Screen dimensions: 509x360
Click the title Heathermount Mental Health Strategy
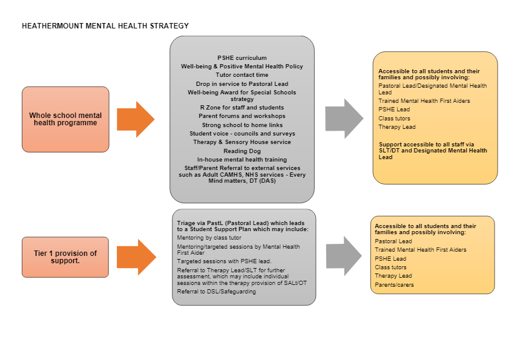[x=105, y=26]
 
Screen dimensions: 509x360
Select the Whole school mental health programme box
[x=65, y=119]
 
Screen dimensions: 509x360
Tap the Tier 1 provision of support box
[x=65, y=257]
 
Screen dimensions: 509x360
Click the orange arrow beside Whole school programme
[x=136, y=119]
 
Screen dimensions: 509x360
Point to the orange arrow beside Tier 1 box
[x=136, y=257]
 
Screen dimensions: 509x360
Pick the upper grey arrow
[x=344, y=119]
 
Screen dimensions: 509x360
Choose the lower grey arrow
[x=344, y=256]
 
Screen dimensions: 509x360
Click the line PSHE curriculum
[x=242, y=58]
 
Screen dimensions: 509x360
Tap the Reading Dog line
[x=242, y=151]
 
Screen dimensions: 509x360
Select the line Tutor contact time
[x=242, y=75]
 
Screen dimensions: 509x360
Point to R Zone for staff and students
[x=242, y=108]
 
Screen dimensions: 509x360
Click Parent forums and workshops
[x=242, y=116]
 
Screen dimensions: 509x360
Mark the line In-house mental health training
[x=242, y=159]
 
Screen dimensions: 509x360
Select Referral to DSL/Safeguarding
[x=217, y=292]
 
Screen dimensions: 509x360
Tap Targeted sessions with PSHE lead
[x=225, y=261]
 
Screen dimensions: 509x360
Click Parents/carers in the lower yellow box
[x=395, y=285]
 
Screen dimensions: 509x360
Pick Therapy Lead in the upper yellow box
[x=397, y=127]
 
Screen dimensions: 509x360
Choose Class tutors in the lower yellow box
[x=391, y=267]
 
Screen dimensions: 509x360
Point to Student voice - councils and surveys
[x=242, y=134]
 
